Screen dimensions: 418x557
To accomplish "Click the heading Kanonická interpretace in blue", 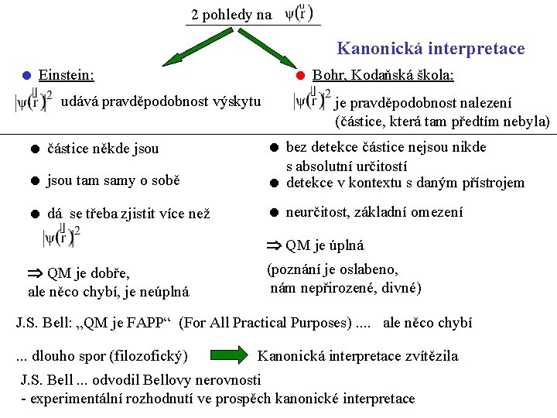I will [430, 49].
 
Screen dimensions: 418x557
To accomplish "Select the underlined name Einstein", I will [66, 75].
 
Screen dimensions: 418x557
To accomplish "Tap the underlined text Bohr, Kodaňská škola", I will [382, 75].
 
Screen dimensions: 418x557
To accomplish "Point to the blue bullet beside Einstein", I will [26, 75].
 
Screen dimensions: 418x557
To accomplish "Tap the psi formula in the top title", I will [299, 14].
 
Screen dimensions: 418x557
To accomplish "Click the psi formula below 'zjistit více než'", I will [63, 238].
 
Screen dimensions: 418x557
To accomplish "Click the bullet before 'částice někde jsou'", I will [35, 149].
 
